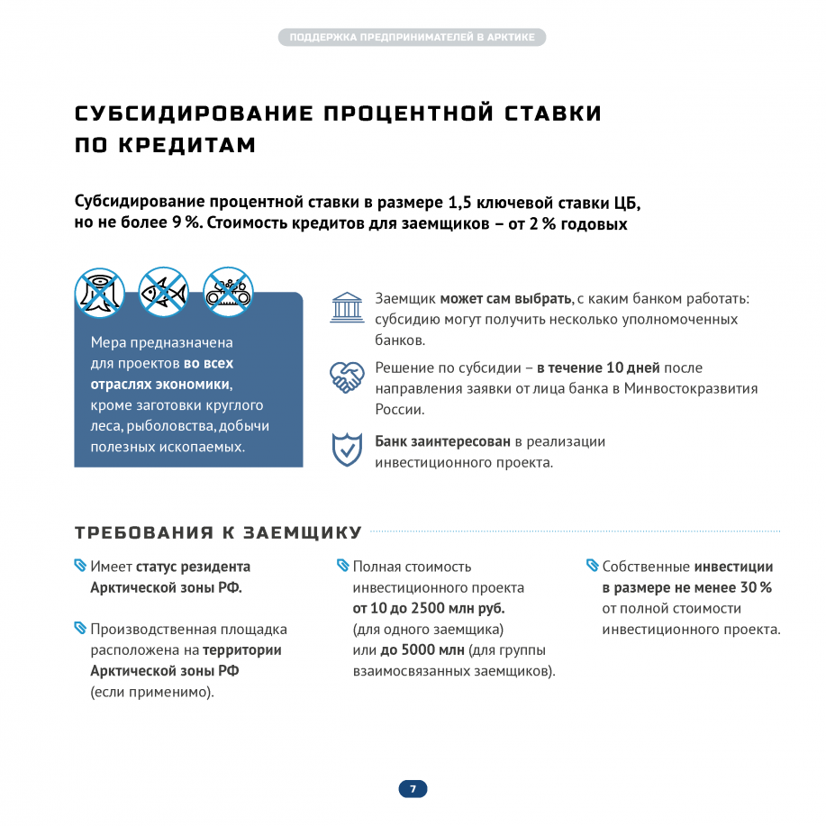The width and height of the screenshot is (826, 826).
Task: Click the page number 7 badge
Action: [413, 789]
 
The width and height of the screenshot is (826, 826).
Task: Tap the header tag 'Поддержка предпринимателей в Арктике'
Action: [413, 37]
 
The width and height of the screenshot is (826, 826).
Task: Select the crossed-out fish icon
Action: [163, 291]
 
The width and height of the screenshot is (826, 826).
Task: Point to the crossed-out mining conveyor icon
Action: [228, 291]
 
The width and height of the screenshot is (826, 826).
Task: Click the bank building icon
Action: [347, 307]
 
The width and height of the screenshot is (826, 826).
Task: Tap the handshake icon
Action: [347, 377]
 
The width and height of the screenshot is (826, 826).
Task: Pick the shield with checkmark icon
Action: [347, 450]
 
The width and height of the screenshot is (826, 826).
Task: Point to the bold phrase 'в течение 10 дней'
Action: [598, 368]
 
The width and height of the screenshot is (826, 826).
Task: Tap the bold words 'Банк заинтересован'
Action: [442, 441]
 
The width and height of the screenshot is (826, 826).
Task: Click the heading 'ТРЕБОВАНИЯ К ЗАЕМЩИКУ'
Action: [218, 532]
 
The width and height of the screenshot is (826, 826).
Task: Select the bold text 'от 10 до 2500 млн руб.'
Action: [428, 608]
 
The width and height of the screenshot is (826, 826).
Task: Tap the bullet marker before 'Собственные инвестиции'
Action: [592, 566]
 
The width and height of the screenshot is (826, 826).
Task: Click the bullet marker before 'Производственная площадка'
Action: [80, 628]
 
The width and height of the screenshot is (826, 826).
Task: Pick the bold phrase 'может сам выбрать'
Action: [505, 298]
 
